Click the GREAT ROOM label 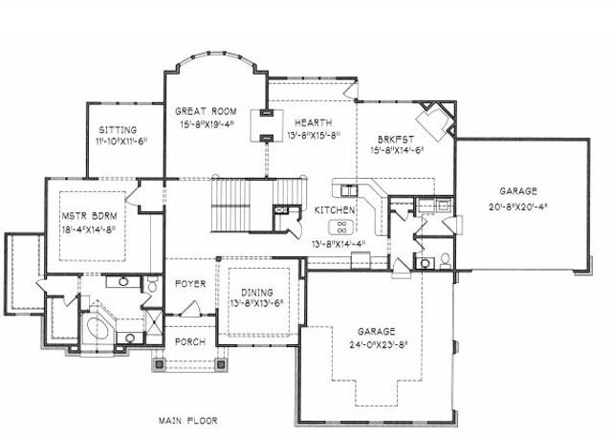pos(206,111)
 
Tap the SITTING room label pos(118,130)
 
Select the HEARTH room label pos(314,123)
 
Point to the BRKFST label pos(396,140)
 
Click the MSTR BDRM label pos(89,216)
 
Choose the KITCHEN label pos(335,210)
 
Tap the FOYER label pos(190,283)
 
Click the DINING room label pos(257,293)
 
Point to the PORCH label pos(190,342)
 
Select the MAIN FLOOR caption pos(188,421)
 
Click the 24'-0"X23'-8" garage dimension pos(377,345)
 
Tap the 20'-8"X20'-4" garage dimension pos(518,207)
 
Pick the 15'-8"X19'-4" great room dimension pos(207,124)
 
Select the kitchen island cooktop pos(341,227)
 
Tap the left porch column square pos(159,364)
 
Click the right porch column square pos(221,364)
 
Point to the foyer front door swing pos(190,308)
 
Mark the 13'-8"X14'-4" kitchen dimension pos(339,245)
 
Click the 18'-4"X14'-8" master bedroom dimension pos(89,230)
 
